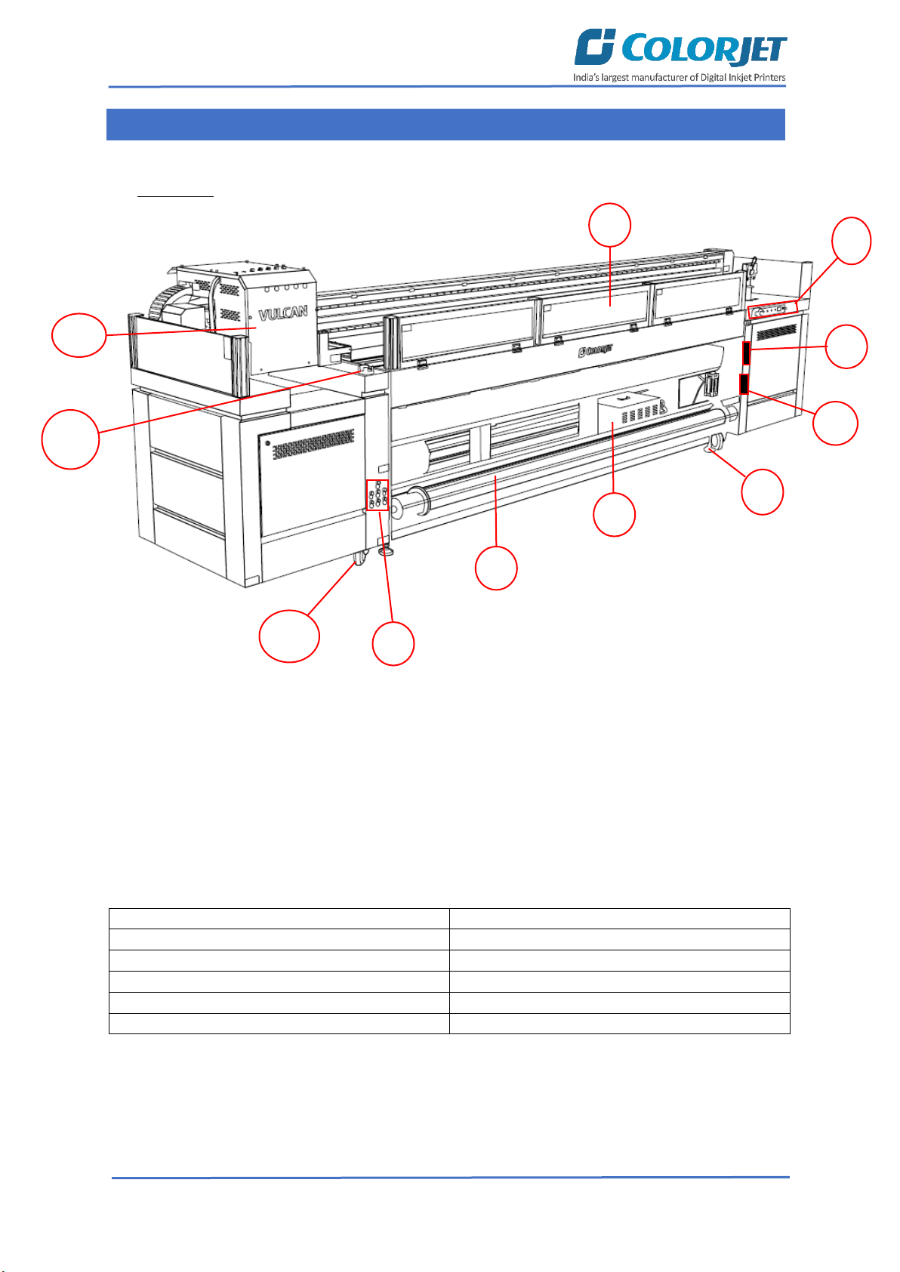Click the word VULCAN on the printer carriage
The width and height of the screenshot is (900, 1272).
283,313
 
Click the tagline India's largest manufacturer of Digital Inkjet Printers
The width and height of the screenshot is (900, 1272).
679,77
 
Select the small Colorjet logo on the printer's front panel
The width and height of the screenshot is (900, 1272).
595,351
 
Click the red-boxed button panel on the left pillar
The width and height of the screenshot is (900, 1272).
377,494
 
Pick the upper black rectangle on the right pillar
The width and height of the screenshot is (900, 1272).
746,353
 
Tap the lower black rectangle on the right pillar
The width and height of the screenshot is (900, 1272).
744,384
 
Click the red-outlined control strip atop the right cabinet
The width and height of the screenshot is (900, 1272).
772,310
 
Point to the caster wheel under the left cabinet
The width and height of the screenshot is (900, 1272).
359,559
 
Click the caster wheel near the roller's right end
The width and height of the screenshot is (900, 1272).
716,441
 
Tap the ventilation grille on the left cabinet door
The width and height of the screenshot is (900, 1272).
313,444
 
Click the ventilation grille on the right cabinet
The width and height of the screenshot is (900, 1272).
777,331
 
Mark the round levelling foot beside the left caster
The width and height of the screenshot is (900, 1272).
386,550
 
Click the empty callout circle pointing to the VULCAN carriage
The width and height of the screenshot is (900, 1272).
79,335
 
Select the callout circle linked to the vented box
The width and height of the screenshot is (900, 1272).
614,515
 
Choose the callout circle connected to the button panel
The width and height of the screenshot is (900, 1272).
393,643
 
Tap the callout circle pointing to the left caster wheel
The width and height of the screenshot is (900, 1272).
289,636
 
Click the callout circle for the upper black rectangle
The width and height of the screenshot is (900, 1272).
846,346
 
